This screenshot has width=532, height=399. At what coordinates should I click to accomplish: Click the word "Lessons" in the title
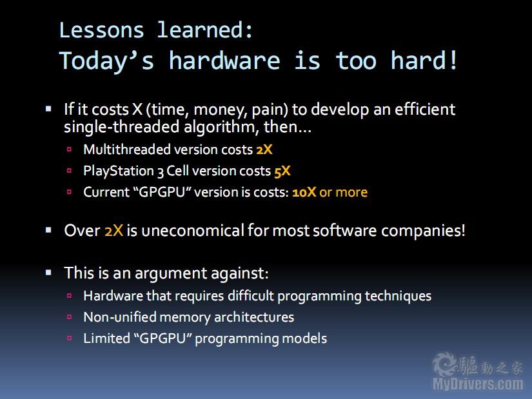click(x=101, y=30)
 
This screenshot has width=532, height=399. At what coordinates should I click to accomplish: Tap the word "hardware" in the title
click(x=224, y=61)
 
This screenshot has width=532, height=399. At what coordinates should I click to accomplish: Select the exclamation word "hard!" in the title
click(x=424, y=61)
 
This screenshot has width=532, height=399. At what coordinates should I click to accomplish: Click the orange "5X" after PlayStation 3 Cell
click(x=282, y=171)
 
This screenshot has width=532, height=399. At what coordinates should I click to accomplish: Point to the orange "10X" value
click(x=304, y=192)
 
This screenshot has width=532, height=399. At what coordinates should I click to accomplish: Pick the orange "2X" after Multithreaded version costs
click(x=264, y=150)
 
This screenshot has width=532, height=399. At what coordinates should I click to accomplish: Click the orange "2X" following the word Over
click(x=113, y=231)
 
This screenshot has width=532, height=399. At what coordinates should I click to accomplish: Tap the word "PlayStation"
click(x=119, y=171)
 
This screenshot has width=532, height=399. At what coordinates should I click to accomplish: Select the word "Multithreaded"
click(x=127, y=150)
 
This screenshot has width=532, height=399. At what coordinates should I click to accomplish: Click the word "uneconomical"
click(x=192, y=230)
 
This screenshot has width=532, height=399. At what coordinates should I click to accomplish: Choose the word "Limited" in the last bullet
click(x=106, y=338)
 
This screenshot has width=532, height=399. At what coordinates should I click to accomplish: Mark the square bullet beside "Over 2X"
click(x=48, y=230)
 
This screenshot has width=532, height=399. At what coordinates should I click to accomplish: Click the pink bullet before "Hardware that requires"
click(x=70, y=295)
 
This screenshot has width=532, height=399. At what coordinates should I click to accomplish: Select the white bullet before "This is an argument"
click(x=48, y=273)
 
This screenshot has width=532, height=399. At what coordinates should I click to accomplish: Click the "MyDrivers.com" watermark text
click(x=478, y=384)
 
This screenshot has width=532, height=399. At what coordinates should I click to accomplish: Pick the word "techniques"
click(x=398, y=297)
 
